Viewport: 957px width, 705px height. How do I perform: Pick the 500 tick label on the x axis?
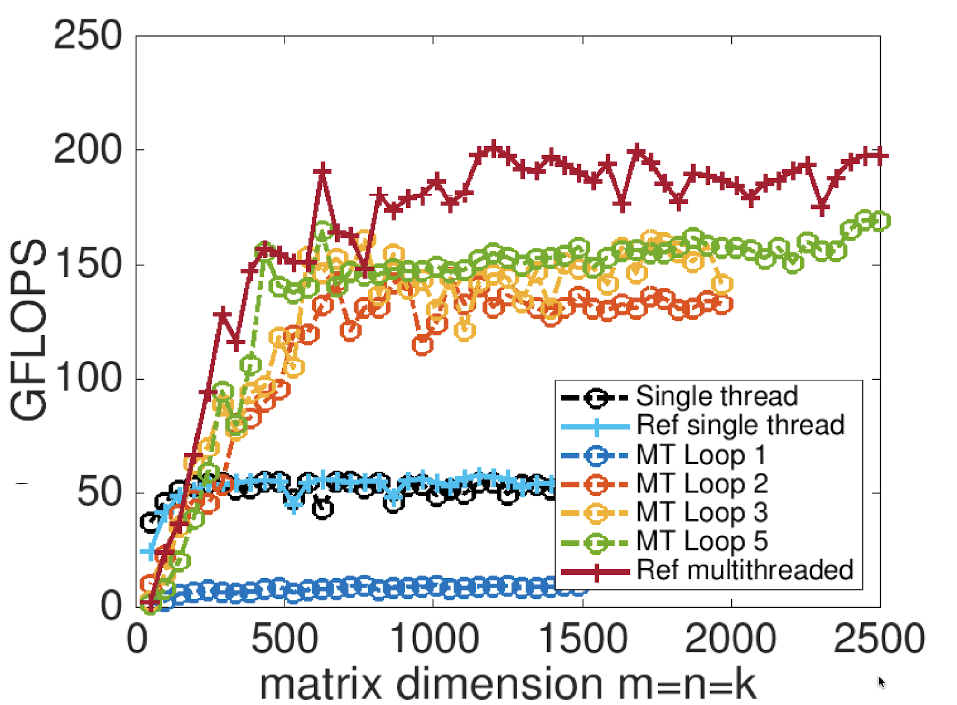[284, 639]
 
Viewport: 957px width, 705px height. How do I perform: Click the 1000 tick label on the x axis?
[433, 639]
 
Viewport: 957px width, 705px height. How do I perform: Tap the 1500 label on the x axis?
[583, 639]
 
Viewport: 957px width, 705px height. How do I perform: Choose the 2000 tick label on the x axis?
[731, 639]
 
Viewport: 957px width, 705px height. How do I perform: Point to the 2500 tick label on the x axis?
[879, 639]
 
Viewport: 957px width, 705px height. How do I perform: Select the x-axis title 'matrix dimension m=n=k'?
[507, 684]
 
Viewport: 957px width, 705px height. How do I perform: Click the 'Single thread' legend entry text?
[717, 396]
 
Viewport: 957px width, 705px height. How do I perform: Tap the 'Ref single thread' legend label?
[740, 425]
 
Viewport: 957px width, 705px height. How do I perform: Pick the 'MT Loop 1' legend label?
[700, 455]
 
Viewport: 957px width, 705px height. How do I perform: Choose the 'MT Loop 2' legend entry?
[701, 483]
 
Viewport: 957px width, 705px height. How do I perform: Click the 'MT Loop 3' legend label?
[701, 512]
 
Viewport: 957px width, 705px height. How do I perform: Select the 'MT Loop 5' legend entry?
[701, 541]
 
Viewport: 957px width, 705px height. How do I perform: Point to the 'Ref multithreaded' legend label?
[745, 570]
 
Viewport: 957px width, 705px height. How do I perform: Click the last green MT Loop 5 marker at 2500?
[881, 221]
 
